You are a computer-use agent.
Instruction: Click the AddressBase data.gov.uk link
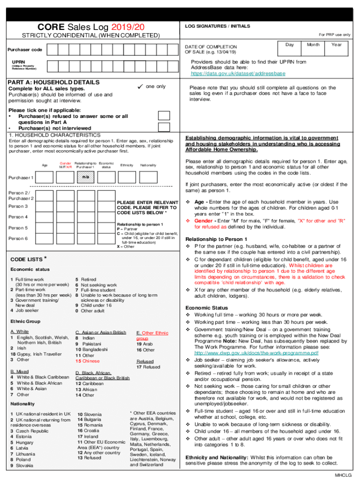click(238, 74)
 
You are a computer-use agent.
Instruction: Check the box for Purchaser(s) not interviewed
click(164, 127)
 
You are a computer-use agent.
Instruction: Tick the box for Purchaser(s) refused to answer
click(164, 116)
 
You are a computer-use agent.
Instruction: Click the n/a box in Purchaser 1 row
click(85, 178)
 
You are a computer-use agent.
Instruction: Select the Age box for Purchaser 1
click(44, 178)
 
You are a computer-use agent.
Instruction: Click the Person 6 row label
click(18, 239)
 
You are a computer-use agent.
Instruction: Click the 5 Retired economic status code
click(86, 279)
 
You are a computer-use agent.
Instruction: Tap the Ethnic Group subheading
click(25, 321)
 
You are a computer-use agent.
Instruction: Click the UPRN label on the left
click(19, 61)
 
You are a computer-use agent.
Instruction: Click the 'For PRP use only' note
click(334, 35)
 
